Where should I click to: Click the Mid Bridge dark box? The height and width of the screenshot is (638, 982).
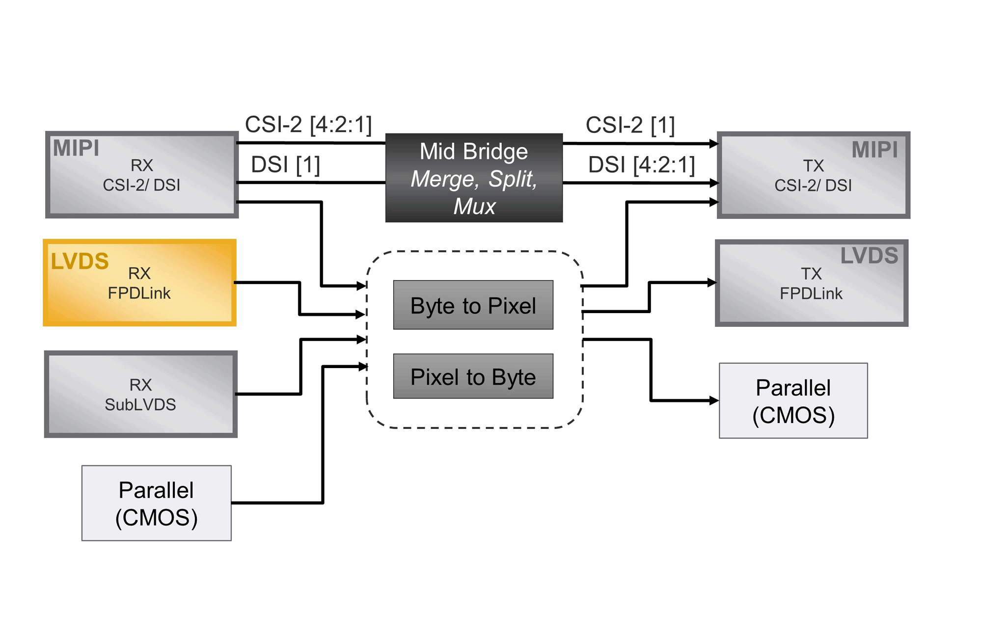click(474, 178)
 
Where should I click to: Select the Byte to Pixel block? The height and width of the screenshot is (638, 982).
click(473, 305)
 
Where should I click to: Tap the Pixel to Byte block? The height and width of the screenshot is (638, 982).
click(473, 376)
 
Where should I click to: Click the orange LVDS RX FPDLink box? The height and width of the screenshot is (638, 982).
click(139, 283)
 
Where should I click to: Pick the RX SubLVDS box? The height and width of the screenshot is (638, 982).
click(141, 394)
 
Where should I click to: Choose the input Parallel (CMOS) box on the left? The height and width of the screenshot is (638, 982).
click(156, 503)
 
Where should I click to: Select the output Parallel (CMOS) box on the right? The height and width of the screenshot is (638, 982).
click(793, 400)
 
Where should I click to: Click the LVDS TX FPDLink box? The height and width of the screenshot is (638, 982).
click(811, 283)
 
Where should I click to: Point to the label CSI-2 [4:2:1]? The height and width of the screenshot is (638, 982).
click(308, 124)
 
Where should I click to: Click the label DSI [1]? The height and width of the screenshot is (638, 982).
click(285, 164)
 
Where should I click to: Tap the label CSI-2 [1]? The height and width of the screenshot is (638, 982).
click(630, 125)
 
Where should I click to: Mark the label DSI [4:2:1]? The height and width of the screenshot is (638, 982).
click(641, 165)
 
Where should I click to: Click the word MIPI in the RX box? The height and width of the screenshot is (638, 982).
click(76, 148)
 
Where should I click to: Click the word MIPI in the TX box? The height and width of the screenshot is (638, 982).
click(874, 150)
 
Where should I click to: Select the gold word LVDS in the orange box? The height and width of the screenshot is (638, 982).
click(80, 261)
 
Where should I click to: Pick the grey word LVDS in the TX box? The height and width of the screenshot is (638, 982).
click(869, 256)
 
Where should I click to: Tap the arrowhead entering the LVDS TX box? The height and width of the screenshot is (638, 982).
click(712, 283)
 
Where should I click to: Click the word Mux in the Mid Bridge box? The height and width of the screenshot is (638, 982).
click(474, 207)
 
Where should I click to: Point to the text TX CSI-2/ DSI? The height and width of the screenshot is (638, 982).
click(813, 176)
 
